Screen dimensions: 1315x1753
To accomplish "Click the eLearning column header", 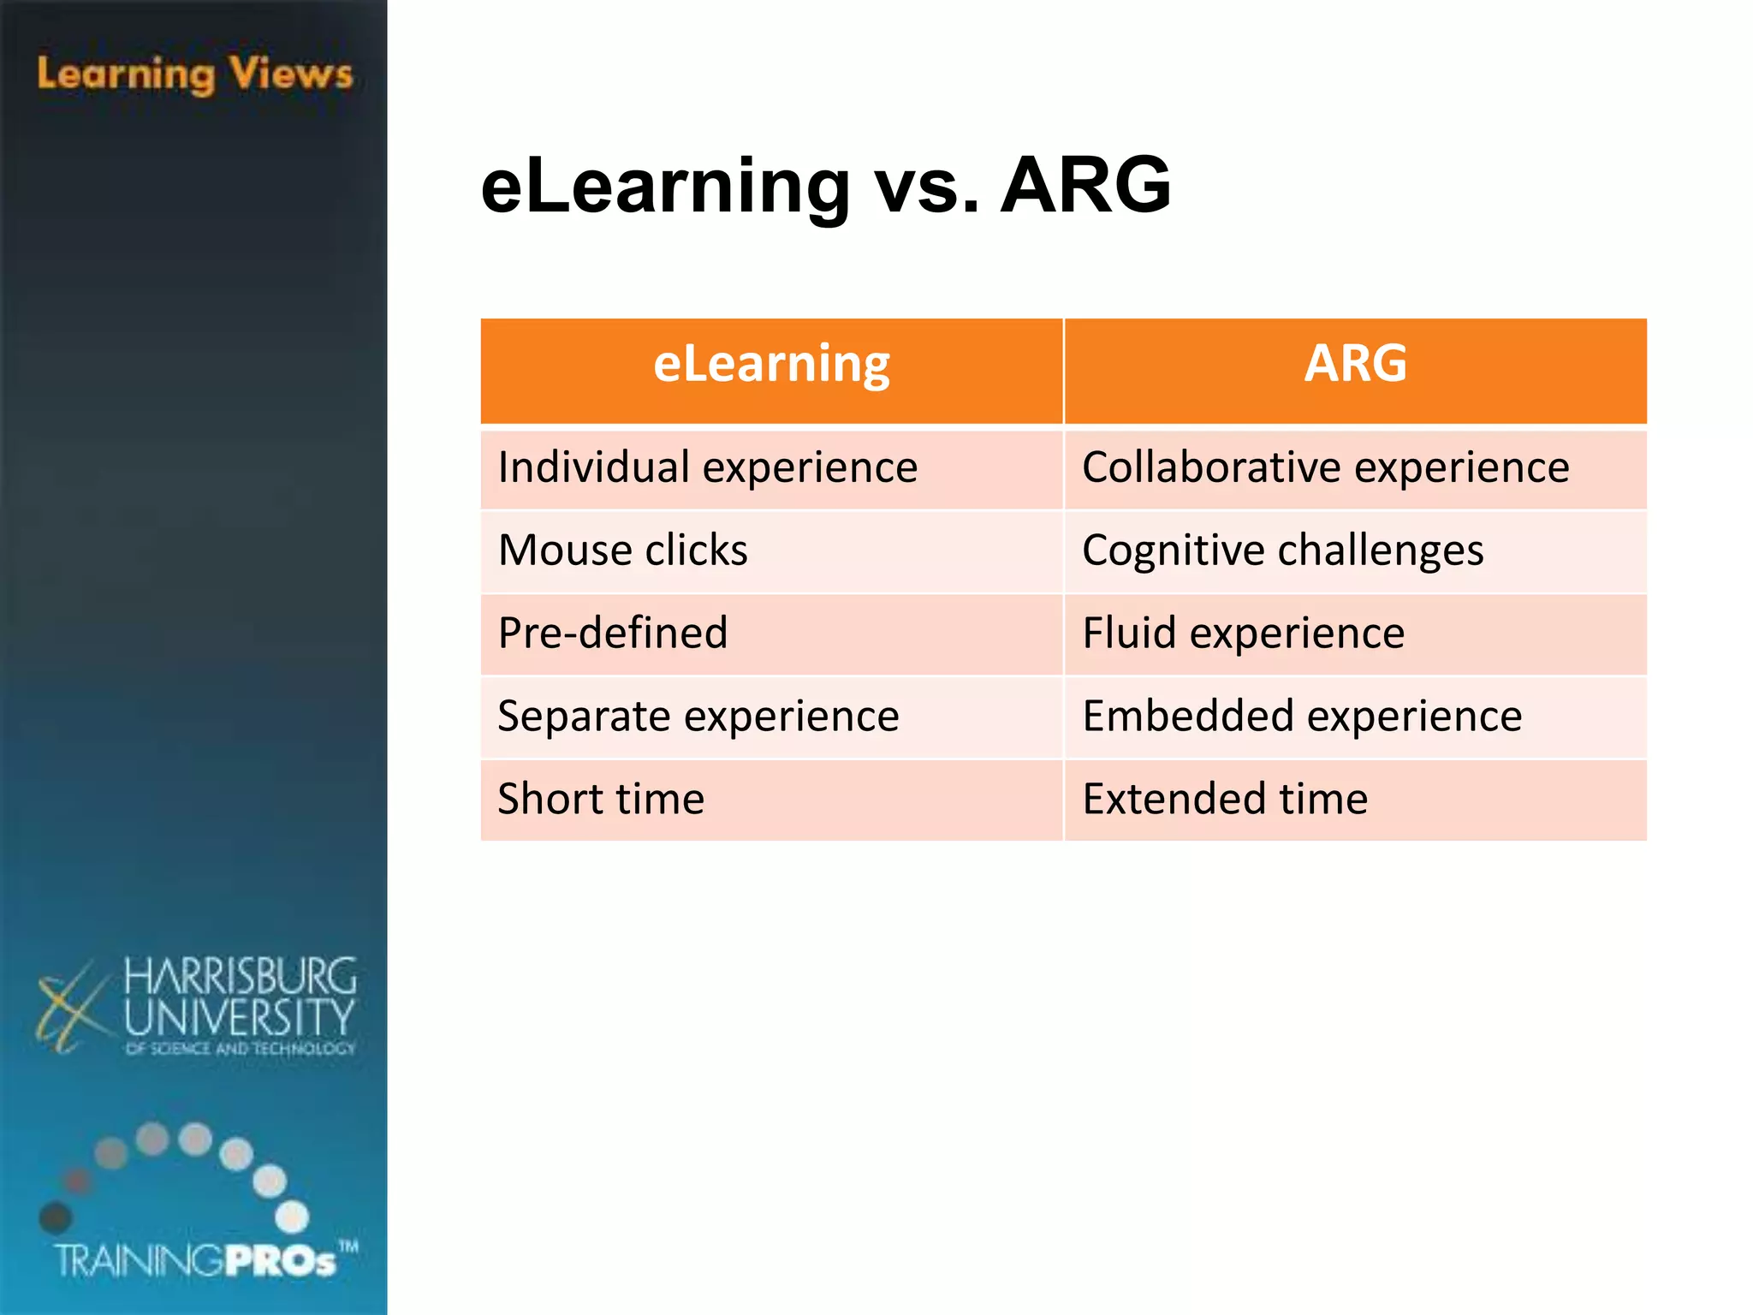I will coord(771,365).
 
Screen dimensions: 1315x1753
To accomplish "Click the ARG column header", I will coord(1355,365).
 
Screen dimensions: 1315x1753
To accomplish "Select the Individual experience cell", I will coord(707,468).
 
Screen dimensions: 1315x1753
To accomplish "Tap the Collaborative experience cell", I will coord(1325,468).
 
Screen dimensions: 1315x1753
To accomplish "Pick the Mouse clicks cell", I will coord(622,550).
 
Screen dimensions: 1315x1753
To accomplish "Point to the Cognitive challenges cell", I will coord(1282,550).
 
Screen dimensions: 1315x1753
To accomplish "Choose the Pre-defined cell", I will coord(613,634).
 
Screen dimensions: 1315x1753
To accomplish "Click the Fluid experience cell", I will coord(1243,634).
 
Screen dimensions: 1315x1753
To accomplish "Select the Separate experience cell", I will coord(698,717).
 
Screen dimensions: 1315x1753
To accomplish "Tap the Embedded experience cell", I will coord(1302,717).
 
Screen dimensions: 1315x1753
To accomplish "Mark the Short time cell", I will coord(601,800).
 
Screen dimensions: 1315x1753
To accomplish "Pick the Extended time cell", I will coord(1225,800).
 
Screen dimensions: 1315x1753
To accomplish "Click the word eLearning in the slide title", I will coord(665,187).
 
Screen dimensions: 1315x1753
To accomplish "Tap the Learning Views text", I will coord(195,74).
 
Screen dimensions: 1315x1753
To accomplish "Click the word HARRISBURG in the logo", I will coord(240,977).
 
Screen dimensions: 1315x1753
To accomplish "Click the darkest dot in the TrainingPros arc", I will coord(56,1217).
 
